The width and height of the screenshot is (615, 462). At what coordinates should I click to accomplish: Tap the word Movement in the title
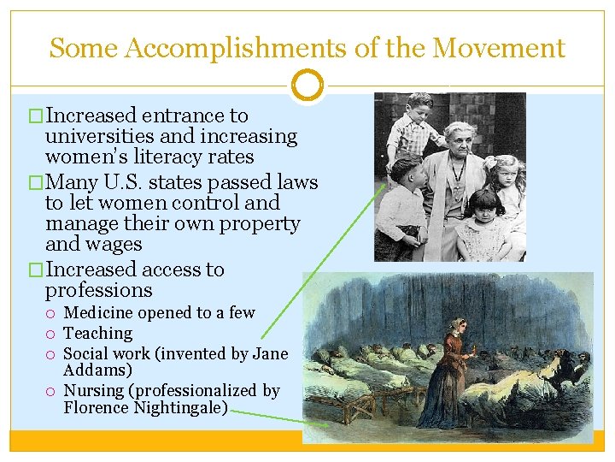(x=499, y=48)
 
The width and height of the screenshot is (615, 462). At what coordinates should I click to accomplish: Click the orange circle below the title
(x=307, y=86)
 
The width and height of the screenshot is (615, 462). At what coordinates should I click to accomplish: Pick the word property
(x=258, y=224)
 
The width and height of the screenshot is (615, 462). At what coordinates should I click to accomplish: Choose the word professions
(x=99, y=290)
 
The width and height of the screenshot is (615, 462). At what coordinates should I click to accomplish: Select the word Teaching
(x=98, y=334)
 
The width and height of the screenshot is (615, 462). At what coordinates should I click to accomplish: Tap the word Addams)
(x=97, y=370)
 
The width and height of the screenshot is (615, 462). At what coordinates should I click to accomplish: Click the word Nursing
(x=95, y=391)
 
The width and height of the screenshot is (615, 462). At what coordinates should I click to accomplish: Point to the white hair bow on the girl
(x=493, y=163)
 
